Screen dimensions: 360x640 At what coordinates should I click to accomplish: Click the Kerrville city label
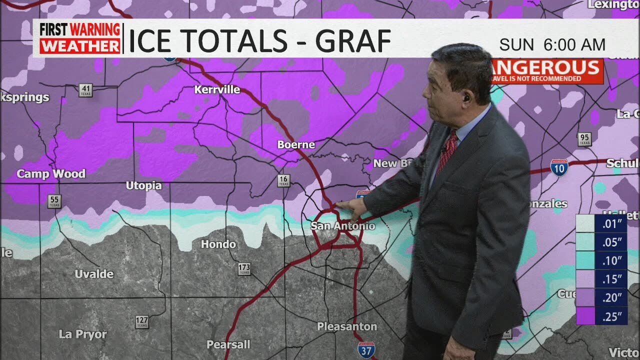coord(217,90)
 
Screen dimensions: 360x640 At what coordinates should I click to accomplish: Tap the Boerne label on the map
coord(296,144)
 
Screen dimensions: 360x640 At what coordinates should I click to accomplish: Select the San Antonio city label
coord(342,226)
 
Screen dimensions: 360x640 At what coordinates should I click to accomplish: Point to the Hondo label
coord(218,244)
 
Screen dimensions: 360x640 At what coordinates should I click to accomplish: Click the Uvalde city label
coord(94,274)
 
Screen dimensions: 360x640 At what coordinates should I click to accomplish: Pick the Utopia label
coord(143,185)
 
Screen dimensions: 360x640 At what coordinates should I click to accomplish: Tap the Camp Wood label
coord(51,174)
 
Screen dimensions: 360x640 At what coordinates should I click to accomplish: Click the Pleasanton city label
coord(347,326)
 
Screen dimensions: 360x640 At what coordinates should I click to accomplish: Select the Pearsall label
coord(228,344)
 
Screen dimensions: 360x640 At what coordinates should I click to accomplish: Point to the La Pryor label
coord(82,334)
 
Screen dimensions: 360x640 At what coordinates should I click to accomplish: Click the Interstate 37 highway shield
coord(366,349)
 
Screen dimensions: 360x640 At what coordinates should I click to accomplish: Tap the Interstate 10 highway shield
coord(559,167)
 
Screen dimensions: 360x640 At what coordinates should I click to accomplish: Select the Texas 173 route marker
coord(244,269)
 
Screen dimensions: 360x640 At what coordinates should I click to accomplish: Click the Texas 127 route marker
coord(142,321)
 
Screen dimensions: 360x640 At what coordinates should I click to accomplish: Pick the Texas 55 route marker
coord(54,201)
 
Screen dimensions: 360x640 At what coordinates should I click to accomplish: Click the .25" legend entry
coord(601,316)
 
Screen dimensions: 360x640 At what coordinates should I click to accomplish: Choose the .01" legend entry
coord(601,223)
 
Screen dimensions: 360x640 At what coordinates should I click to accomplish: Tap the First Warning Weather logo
coord(80,38)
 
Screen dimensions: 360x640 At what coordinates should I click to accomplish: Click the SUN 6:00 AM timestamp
coord(552,45)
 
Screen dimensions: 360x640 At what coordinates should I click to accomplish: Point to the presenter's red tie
coord(446,149)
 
